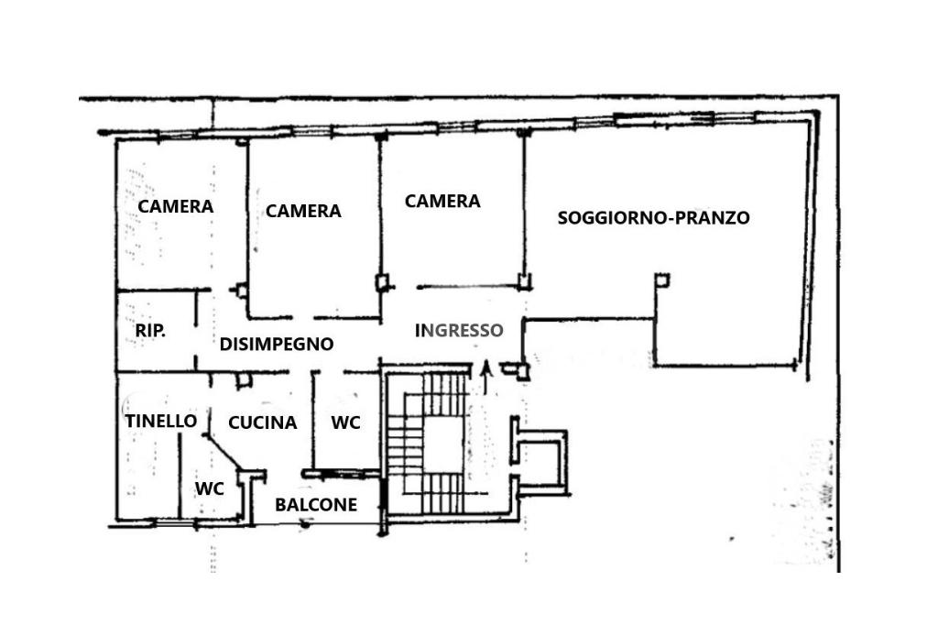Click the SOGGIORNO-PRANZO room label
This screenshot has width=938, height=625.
tap(653, 217)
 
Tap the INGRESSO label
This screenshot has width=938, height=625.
tap(459, 330)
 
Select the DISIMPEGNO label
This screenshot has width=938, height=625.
tap(277, 344)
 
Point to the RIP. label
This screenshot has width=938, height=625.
tap(150, 330)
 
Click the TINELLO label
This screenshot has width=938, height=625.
tap(161, 421)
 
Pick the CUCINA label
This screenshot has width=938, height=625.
tap(263, 422)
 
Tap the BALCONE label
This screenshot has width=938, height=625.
tap(316, 505)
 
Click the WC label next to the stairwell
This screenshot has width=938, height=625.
tap(345, 422)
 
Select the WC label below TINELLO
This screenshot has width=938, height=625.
tap(210, 488)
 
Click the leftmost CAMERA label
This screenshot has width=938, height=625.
tap(175, 206)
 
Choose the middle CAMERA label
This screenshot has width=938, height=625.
tap(303, 211)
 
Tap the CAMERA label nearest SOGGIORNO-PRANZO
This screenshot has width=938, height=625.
tap(442, 201)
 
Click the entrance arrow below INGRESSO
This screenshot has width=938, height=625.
tap(485, 378)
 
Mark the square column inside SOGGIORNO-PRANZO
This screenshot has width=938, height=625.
tap(661, 280)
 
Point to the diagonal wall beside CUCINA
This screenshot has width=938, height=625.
tap(224, 452)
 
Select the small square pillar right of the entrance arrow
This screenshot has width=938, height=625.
tap(523, 372)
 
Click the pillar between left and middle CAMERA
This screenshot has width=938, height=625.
tap(241, 291)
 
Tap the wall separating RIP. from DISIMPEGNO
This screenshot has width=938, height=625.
tap(196, 331)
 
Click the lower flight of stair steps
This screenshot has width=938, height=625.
tap(443, 493)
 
